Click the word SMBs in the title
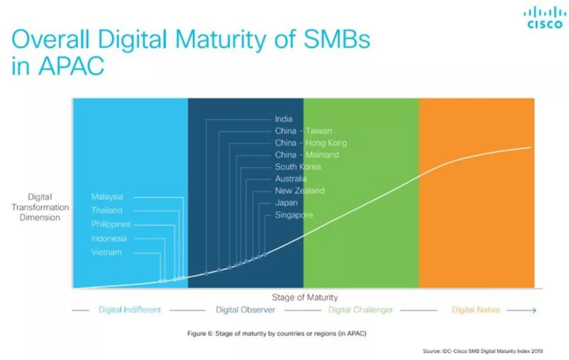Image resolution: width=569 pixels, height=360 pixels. pos(337,39)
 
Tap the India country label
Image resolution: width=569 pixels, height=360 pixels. pos(284,119)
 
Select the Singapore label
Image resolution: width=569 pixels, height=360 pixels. pos(294,215)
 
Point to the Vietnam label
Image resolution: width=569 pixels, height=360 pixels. pos(106,252)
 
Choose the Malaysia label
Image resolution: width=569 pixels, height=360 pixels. pos(107,197)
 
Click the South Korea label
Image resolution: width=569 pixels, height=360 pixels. pos(298,166)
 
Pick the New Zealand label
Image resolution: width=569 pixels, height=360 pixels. pos(300,191)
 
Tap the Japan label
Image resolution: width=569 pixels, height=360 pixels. pos(286,203)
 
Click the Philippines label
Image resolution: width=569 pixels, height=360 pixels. pos(111,224)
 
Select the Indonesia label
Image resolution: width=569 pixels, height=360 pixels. pos(109,238)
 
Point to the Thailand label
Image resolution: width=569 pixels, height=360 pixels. pos(107,211)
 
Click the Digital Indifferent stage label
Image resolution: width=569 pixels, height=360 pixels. pos(130,310)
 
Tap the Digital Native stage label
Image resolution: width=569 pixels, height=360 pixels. pos(476,310)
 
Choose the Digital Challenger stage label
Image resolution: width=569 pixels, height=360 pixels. pos(360,310)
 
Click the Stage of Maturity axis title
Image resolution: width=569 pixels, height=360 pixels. pos(305,297)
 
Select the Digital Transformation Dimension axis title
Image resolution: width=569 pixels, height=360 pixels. pos(40,207)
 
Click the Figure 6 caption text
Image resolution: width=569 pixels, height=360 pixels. pos(277,333)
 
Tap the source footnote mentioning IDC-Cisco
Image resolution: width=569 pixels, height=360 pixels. pos(483,351)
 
